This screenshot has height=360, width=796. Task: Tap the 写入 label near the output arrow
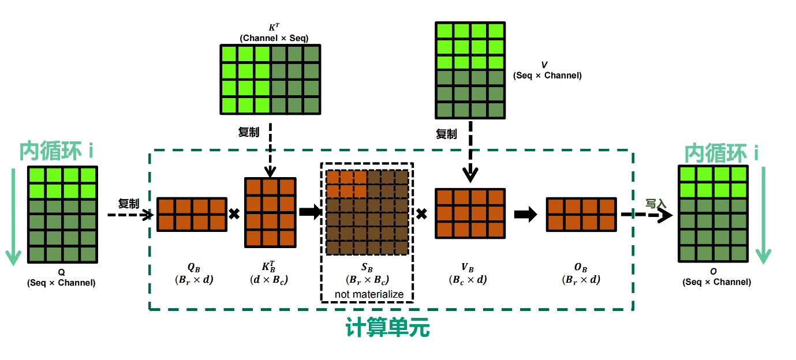pyautogui.click(x=656, y=204)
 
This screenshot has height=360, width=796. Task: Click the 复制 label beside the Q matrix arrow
pyautogui.click(x=128, y=204)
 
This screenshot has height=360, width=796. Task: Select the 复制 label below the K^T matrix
pyautogui.click(x=249, y=132)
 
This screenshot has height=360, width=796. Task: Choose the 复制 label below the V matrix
pyautogui.click(x=446, y=134)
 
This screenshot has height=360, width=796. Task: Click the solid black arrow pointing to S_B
pyautogui.click(x=310, y=213)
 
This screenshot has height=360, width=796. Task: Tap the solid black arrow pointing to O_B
pyautogui.click(x=525, y=215)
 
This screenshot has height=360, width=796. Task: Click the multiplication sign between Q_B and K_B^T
pyautogui.click(x=234, y=214)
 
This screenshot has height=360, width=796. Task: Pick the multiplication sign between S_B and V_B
pyautogui.click(x=422, y=214)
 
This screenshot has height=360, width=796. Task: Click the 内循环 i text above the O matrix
pyautogui.click(x=721, y=153)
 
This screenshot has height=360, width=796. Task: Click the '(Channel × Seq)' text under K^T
pyautogui.click(x=274, y=38)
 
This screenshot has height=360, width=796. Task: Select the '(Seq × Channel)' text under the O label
pyautogui.click(x=717, y=282)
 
